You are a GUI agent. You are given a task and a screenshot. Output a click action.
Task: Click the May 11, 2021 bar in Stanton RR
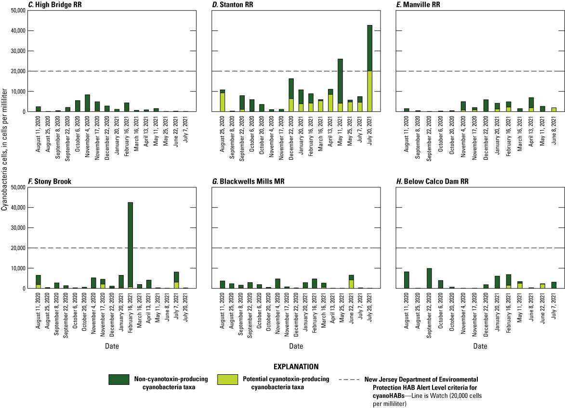coord(340,85)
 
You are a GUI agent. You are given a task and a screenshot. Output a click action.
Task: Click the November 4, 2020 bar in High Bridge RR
coord(88,103)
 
